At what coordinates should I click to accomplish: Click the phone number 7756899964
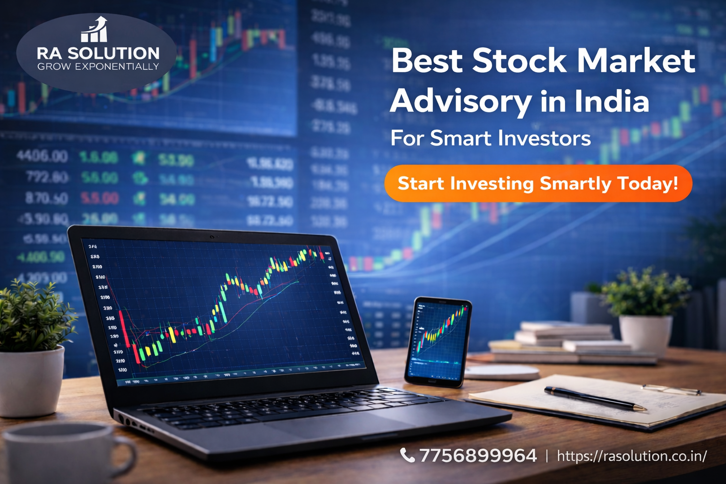click(478, 456)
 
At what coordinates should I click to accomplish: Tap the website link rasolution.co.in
click(631, 456)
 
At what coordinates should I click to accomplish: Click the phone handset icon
click(407, 455)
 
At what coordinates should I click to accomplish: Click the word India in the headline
click(612, 101)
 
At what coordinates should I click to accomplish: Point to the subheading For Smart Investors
click(490, 138)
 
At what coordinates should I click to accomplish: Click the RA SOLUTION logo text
click(98, 53)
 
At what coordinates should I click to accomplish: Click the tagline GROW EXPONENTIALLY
click(98, 67)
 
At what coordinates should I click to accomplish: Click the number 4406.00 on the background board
click(42, 156)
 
